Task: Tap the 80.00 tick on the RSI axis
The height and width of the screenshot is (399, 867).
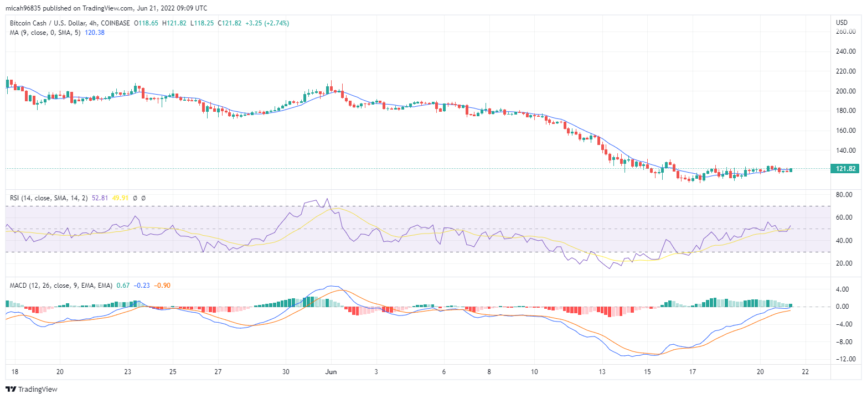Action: click(x=843, y=195)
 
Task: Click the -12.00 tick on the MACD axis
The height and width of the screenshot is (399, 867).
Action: click(x=843, y=360)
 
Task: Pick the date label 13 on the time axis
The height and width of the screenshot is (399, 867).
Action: click(x=602, y=371)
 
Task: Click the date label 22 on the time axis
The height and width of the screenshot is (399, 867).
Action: click(x=805, y=371)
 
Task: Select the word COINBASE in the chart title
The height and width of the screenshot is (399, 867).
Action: click(x=116, y=23)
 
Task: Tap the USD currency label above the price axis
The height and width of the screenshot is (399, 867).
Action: click(x=842, y=22)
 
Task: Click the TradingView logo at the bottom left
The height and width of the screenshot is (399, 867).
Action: click(x=32, y=389)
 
